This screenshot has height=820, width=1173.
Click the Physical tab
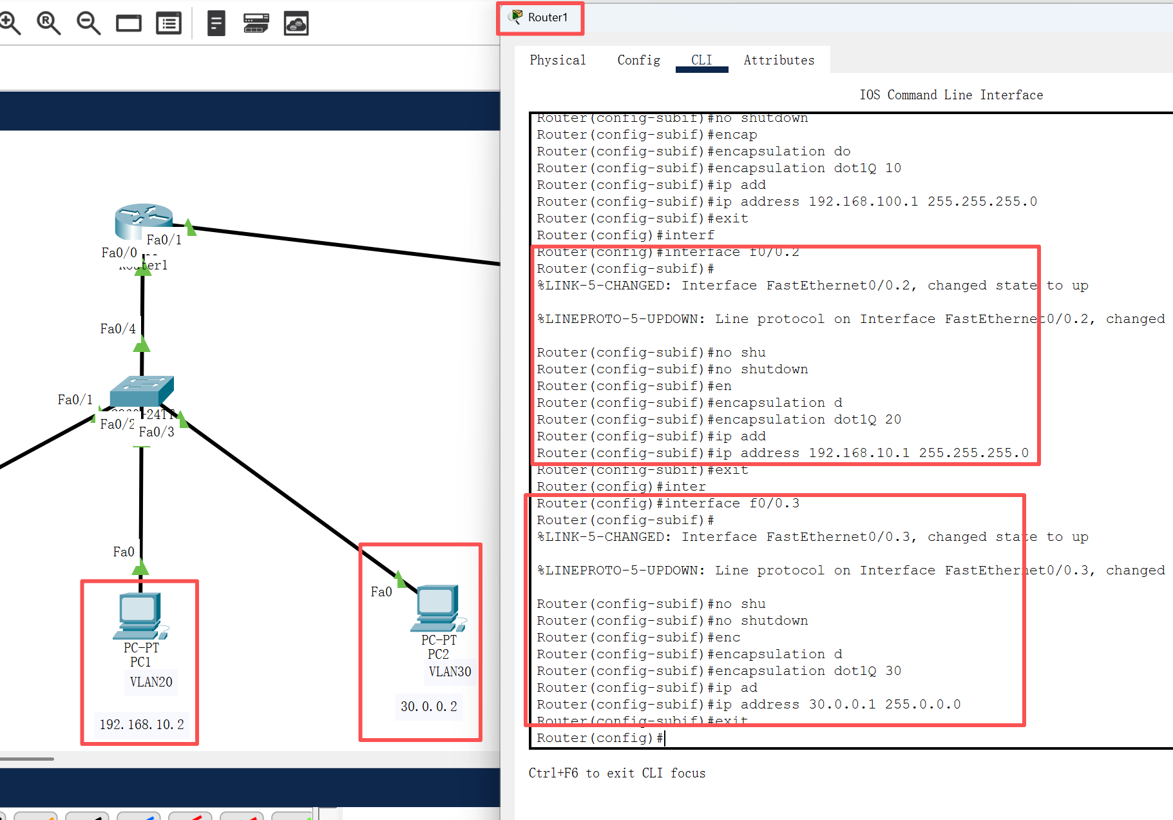click(x=558, y=60)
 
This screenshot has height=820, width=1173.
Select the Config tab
click(x=638, y=60)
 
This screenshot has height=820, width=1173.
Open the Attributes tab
click(x=779, y=60)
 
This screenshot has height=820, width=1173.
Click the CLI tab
click(x=701, y=60)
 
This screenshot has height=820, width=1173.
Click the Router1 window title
click(x=548, y=17)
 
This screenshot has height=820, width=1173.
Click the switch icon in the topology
click(x=142, y=391)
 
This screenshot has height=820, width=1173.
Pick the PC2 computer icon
click(x=438, y=608)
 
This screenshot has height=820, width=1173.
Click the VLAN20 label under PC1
click(x=151, y=682)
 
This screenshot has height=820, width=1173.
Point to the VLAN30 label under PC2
click(x=450, y=672)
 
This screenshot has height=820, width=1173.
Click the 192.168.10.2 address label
click(x=142, y=725)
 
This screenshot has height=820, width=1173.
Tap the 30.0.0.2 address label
click(x=429, y=707)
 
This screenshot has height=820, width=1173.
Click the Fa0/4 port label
click(x=118, y=329)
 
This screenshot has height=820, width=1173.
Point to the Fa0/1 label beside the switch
click(x=75, y=400)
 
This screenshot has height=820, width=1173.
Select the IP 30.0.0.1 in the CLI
click(x=842, y=705)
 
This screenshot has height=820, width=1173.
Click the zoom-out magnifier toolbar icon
click(x=88, y=24)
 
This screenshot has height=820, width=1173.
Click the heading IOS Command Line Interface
click(x=951, y=95)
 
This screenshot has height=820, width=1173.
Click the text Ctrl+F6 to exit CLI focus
click(x=616, y=773)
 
